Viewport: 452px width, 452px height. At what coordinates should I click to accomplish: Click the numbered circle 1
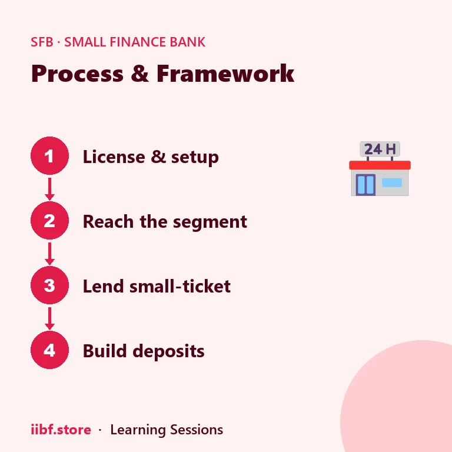[x=49, y=155]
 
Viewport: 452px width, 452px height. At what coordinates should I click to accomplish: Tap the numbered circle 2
[x=49, y=221]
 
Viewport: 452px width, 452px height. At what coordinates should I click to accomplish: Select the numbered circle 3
[x=49, y=285]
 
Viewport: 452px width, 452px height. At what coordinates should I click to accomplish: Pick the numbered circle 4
[x=49, y=350]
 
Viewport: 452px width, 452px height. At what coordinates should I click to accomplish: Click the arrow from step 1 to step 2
[x=49, y=189]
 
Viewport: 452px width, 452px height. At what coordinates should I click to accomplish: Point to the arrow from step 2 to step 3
[x=49, y=254]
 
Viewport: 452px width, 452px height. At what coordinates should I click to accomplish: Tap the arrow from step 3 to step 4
[x=49, y=318]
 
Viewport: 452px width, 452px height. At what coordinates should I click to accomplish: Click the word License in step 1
[x=114, y=157]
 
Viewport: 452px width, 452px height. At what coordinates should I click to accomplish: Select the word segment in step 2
[x=210, y=222]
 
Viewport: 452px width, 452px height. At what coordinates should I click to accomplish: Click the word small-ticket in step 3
[x=180, y=286]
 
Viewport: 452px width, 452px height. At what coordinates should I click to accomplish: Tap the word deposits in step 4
[x=168, y=351]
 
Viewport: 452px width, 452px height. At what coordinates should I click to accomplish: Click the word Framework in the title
[x=225, y=74]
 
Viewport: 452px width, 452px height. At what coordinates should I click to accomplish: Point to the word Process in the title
[x=77, y=74]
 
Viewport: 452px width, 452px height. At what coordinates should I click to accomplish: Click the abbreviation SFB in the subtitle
[x=42, y=42]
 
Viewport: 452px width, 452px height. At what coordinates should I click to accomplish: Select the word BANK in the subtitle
[x=187, y=42]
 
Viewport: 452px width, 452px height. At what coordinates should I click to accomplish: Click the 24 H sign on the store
[x=380, y=149]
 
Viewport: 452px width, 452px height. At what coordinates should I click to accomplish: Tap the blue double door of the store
[x=365, y=185]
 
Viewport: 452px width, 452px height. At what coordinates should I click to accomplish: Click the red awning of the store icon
[x=380, y=165]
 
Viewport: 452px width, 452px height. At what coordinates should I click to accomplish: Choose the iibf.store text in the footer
[x=61, y=430]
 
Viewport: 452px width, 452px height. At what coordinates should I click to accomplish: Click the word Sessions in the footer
[x=197, y=430]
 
